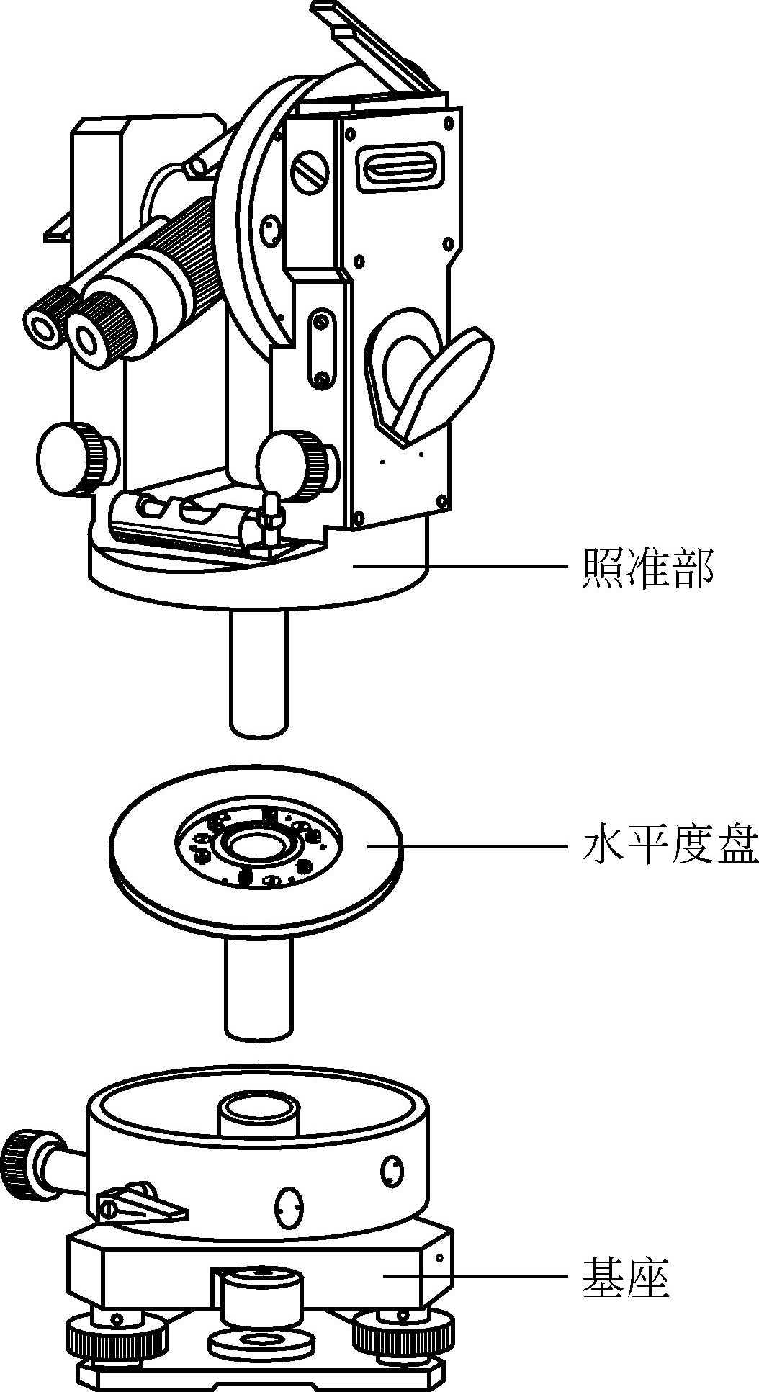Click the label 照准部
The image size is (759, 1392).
tap(647, 568)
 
